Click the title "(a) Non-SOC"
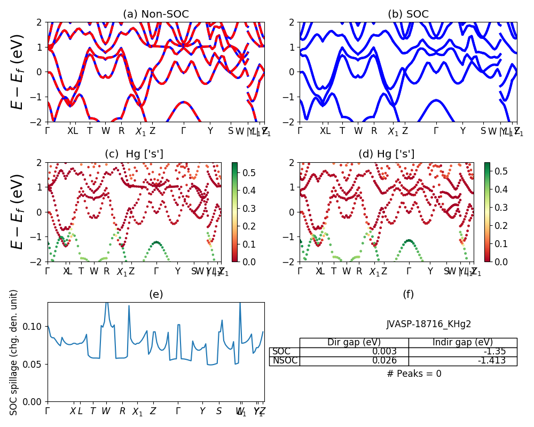[x=155, y=14]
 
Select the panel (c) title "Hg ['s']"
[x=134, y=154]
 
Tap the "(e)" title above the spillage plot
[x=155, y=294]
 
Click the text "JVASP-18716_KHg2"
[x=429, y=324]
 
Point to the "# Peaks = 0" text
[x=414, y=374]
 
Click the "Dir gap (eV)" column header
[x=354, y=343]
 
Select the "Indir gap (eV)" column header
[x=462, y=343]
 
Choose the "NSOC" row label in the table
[x=284, y=361]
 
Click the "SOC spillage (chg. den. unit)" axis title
[x=14, y=352]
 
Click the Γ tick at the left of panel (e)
[x=48, y=411]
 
